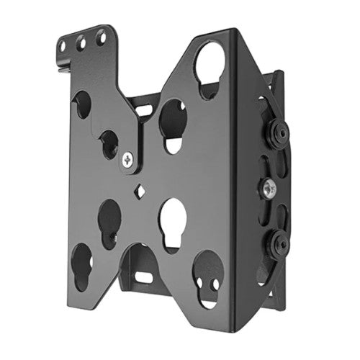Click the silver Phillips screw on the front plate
129,161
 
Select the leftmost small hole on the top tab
63,46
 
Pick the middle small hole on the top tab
81,42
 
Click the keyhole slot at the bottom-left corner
81,266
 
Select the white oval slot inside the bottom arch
144,277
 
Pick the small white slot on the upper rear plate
144,111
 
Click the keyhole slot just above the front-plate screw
109,143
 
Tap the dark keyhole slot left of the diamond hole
109,220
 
